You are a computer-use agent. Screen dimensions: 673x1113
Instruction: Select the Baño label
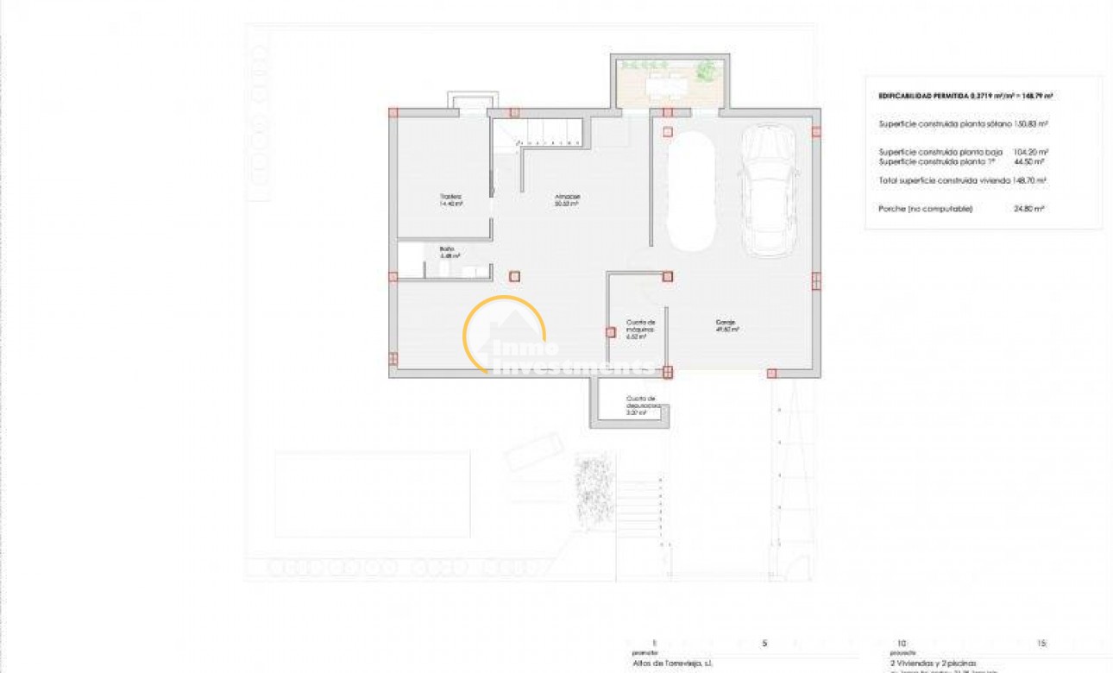(445, 252)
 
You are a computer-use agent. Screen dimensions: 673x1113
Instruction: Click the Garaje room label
(725, 326)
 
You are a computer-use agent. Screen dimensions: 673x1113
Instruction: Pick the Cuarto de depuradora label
(642, 405)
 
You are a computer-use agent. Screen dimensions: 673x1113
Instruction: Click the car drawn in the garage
(770, 191)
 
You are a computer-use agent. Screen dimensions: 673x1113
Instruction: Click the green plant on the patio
(707, 69)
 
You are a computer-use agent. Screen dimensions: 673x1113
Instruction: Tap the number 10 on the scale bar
(902, 643)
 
